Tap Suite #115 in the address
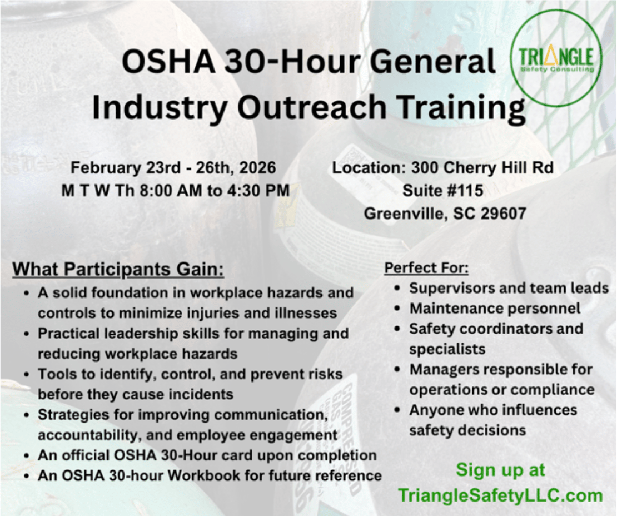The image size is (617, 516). click(x=442, y=191)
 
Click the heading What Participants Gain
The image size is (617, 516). click(x=118, y=270)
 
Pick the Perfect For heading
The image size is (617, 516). click(x=426, y=268)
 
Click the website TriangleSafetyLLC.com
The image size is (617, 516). click(x=500, y=495)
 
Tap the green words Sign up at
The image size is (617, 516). click(x=500, y=470)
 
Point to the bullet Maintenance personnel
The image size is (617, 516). click(x=495, y=308)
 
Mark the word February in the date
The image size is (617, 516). click(x=105, y=168)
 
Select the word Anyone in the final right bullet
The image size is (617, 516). click(x=434, y=410)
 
